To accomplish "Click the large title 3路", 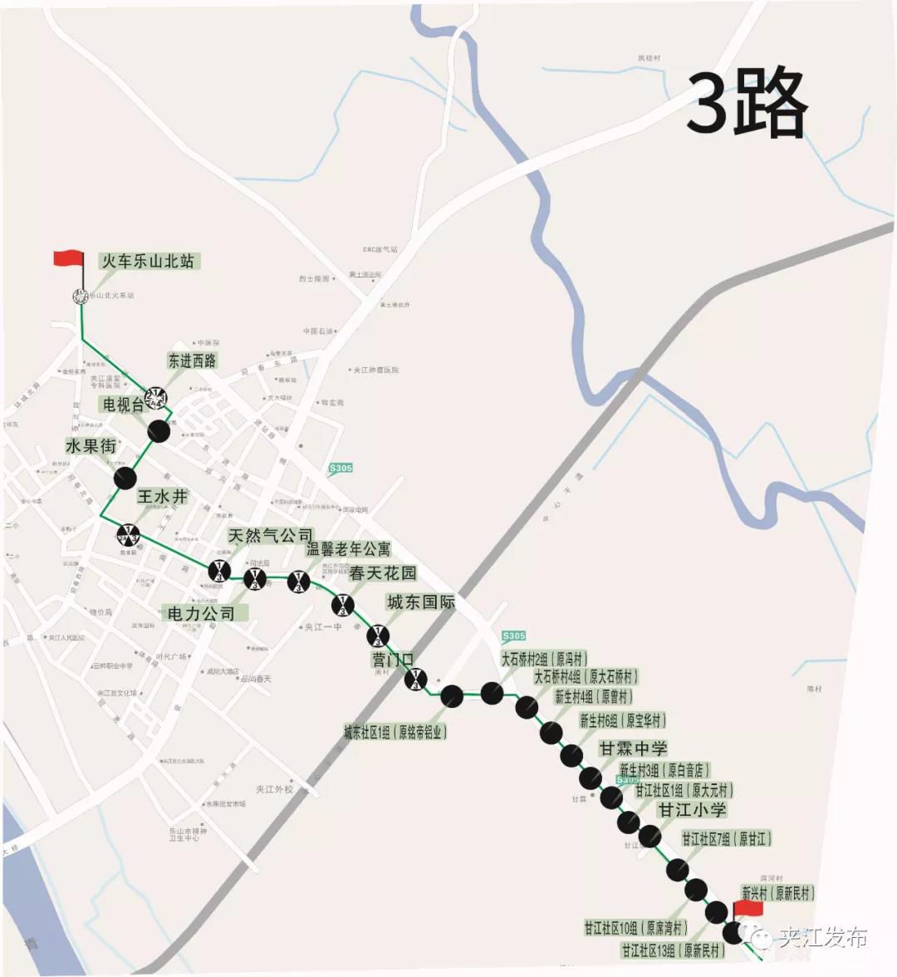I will click(x=747, y=103).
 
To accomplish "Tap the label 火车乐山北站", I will click(x=148, y=261).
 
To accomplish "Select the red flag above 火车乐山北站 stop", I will click(x=68, y=258).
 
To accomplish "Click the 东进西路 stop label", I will click(x=192, y=361).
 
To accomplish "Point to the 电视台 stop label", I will click(x=123, y=405).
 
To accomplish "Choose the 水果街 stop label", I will click(x=91, y=446).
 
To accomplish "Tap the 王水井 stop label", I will click(x=162, y=497).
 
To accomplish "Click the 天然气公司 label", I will click(x=271, y=536).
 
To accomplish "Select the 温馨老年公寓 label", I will click(x=349, y=549).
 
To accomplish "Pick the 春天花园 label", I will click(x=383, y=573).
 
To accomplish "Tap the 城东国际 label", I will click(x=420, y=601).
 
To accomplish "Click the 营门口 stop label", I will click(x=393, y=660).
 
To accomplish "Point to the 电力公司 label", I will click(x=201, y=614).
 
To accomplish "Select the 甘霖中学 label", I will click(x=633, y=749).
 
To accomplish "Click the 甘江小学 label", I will click(x=692, y=809).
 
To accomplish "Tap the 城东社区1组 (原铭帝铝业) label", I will click(x=395, y=733).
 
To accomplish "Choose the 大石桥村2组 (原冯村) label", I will click(x=544, y=659).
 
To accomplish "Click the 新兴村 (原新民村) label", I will click(x=777, y=894).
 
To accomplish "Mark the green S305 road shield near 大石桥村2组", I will click(x=514, y=636).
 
